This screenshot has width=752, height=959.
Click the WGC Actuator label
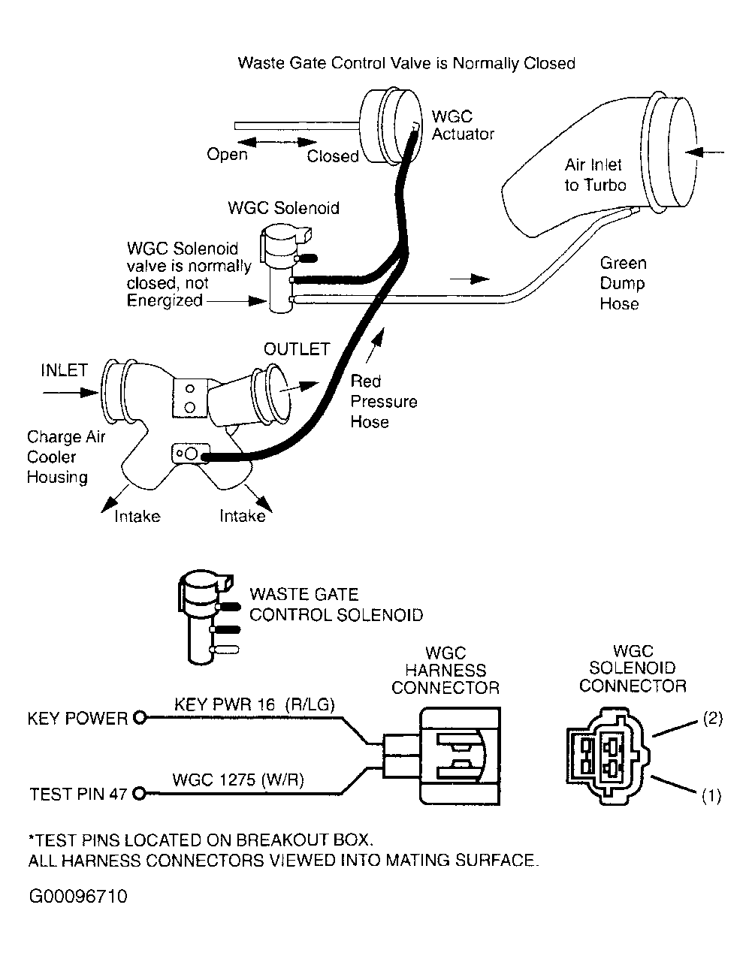coord(463,125)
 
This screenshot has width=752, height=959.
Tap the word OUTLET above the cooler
coord(297,349)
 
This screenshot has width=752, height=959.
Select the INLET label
coord(65,369)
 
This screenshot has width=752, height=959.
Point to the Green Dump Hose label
coord(623,283)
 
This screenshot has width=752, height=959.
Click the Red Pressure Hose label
coord(383,401)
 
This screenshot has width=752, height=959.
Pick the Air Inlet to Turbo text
coord(595,175)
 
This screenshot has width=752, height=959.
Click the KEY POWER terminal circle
coord(140,718)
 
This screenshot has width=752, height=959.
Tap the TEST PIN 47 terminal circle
coord(138,794)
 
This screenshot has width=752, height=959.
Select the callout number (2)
coord(712,719)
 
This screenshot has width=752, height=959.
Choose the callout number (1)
coord(711,796)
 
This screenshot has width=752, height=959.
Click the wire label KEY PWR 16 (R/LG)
coord(255,704)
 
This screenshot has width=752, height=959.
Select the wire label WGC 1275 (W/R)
coord(238,780)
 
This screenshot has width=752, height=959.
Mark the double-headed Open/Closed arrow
coord(277,142)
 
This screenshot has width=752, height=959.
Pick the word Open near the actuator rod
coord(227,155)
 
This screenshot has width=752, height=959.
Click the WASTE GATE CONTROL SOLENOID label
coord(336,605)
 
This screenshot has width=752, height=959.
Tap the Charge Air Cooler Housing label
coord(66,457)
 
